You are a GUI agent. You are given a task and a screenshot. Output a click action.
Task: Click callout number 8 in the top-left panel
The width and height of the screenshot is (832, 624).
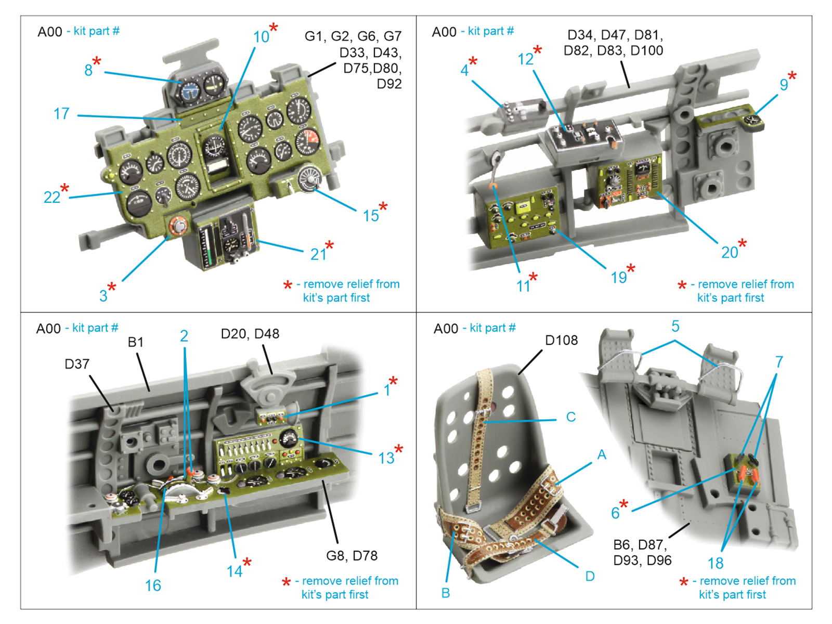point(88,70)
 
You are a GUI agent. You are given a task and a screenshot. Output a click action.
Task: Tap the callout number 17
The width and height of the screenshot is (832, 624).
point(61,113)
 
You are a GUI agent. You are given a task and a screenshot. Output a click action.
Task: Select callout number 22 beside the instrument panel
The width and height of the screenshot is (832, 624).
point(51,197)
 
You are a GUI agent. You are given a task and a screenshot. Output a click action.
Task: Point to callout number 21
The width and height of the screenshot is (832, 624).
point(318,254)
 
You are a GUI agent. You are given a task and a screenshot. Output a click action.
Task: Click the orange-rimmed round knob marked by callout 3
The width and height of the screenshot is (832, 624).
point(178,226)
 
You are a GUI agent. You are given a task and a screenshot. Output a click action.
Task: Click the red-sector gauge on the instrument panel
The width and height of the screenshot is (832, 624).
point(308,141)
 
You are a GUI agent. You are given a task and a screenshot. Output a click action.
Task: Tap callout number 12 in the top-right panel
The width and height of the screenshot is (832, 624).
point(525,59)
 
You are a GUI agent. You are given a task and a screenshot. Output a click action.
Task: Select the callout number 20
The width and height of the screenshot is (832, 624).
point(730,252)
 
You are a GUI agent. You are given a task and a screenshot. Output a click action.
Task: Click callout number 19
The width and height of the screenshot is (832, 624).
point(618,277)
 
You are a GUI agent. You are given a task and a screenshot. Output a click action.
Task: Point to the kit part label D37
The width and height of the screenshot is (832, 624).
point(77,364)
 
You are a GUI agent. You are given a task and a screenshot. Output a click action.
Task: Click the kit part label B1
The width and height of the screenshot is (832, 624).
point(135,342)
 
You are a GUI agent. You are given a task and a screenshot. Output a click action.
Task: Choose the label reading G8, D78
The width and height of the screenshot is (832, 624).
point(352,555)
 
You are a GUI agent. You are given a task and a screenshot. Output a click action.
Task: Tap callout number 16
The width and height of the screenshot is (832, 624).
point(153,586)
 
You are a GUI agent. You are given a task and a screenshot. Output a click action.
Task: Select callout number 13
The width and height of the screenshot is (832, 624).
point(386,458)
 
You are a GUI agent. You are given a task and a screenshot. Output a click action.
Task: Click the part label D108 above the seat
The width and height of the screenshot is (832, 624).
point(561,340)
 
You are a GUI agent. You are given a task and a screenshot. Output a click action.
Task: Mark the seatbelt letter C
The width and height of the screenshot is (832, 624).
point(571,417)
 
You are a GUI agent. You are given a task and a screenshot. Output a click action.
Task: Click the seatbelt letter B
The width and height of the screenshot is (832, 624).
point(446,593)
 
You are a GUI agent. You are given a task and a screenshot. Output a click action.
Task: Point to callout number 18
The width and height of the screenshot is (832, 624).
point(716,563)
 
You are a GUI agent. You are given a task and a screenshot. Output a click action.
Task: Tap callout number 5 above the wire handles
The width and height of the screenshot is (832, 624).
point(675,327)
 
